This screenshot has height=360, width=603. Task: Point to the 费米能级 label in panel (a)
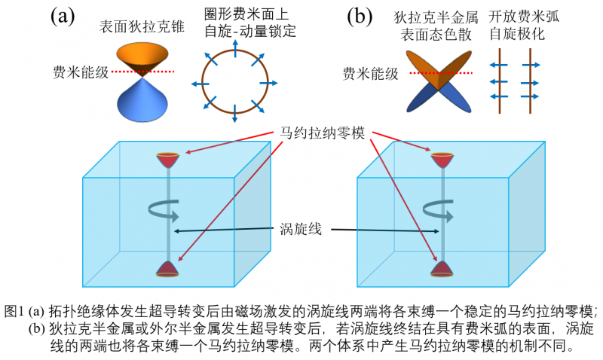81,73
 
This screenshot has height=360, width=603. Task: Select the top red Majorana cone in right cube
442,160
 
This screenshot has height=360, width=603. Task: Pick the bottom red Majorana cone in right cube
442,270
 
